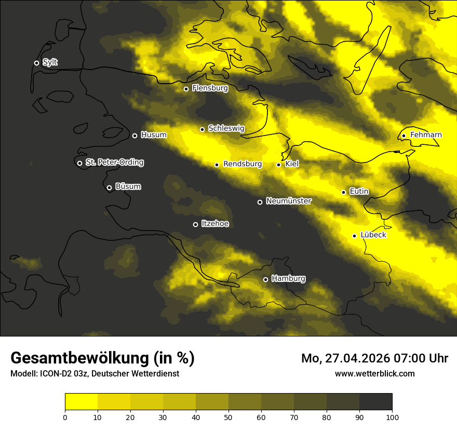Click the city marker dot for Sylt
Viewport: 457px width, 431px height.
(36, 63)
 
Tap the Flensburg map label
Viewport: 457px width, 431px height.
(210, 88)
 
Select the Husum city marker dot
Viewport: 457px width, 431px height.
(135, 136)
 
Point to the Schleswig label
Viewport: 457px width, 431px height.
(226, 128)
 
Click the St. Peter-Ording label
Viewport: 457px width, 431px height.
(114, 163)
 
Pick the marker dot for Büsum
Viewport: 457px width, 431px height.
(109, 187)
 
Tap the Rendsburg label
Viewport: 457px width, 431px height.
(243, 164)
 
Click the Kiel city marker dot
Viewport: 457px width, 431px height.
(278, 165)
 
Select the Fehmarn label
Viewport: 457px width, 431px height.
(426, 135)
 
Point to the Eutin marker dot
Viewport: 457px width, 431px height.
(343, 192)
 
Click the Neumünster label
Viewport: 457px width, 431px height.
(289, 201)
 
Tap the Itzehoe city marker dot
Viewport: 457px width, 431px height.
(195, 224)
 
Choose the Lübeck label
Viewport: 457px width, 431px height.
(373, 235)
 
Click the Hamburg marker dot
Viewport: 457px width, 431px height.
(265, 279)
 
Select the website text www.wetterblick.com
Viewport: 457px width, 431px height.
(375, 373)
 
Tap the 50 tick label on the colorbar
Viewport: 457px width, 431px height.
(228, 416)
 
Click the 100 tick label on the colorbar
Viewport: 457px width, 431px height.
(392, 416)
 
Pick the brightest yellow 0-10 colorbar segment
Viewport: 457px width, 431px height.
(81, 401)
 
